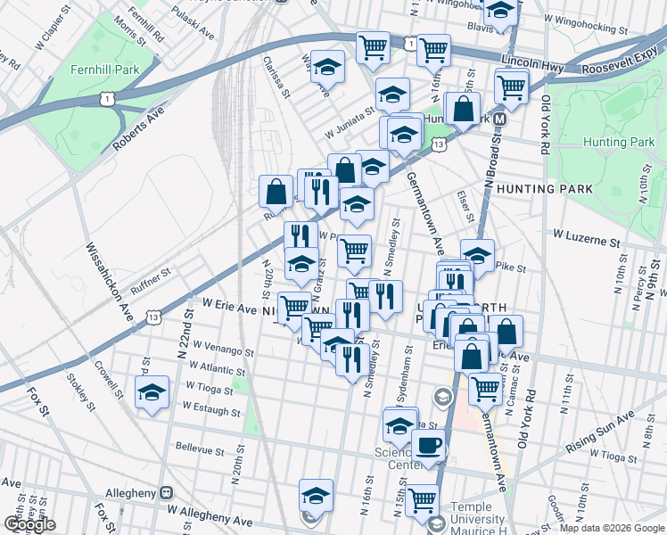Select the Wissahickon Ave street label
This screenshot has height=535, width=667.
pos(108,284)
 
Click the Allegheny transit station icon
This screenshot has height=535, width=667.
pos(165,492)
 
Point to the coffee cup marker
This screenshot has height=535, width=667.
pos(428,445)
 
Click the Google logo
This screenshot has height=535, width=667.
pos(29,524)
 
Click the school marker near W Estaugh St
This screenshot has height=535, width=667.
pos(152,391)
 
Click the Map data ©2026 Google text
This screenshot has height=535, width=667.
pos(611,528)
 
